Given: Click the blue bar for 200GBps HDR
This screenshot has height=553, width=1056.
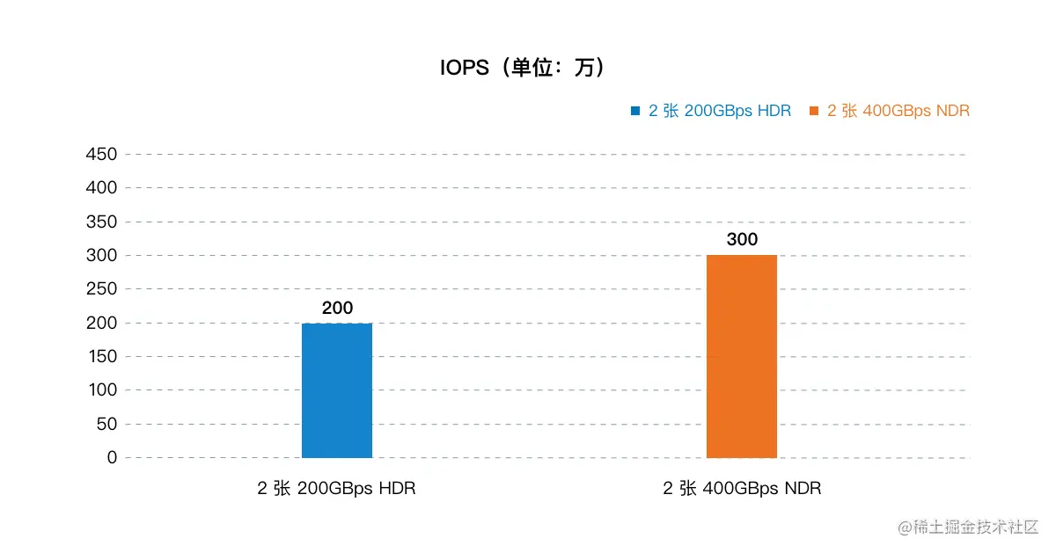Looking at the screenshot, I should click(x=337, y=390).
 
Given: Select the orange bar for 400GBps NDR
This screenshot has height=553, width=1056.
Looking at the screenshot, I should click(x=742, y=356).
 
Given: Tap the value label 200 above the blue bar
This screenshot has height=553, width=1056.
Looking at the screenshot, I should click(x=337, y=308).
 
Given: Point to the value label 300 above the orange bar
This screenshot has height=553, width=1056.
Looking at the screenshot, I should click(x=742, y=239).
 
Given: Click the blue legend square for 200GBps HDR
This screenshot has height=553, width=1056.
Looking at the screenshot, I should click(x=635, y=111).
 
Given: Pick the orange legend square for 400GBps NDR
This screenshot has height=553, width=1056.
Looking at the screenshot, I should click(x=814, y=111).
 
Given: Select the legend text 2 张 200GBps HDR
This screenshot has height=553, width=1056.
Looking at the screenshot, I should click(x=720, y=111).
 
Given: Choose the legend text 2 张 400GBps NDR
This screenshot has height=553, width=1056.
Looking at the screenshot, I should click(x=898, y=111).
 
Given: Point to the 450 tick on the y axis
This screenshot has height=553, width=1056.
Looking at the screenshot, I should click(x=101, y=155).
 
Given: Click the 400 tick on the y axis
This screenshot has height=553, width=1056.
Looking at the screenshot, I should click(x=101, y=188).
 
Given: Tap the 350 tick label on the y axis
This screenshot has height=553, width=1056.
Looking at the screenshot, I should click(x=101, y=222).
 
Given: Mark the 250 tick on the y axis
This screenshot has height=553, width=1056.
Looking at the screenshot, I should click(x=101, y=289).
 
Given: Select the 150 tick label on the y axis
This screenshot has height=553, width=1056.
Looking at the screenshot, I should click(x=101, y=357).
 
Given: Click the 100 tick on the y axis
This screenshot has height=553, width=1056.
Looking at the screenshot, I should click(x=101, y=390).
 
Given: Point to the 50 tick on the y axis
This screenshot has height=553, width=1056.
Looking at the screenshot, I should click(x=106, y=425).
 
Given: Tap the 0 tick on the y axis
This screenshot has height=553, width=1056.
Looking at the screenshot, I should click(x=111, y=458).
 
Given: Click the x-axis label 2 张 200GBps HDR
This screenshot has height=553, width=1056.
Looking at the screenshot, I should click(x=336, y=489).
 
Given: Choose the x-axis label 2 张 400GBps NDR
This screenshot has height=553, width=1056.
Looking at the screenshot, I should click(x=742, y=489).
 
